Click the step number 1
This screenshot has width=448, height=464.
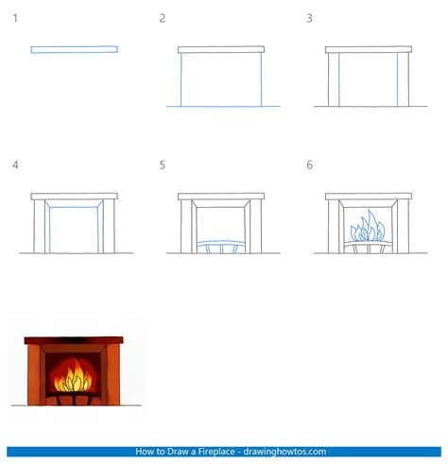point(14,18)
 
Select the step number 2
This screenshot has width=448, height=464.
point(163,18)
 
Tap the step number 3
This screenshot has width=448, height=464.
point(309,18)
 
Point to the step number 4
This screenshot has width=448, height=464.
point(14,165)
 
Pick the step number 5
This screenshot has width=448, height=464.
point(163,165)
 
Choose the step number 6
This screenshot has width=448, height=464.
point(309,165)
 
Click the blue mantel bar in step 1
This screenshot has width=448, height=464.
point(74,49)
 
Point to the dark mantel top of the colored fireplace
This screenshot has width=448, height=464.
point(73,339)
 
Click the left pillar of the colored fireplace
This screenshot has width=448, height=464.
point(35,374)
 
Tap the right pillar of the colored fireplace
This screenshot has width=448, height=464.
point(111,374)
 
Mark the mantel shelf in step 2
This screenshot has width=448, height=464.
point(220,49)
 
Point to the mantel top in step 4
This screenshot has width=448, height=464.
point(74,197)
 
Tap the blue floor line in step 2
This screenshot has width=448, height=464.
point(223,106)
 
